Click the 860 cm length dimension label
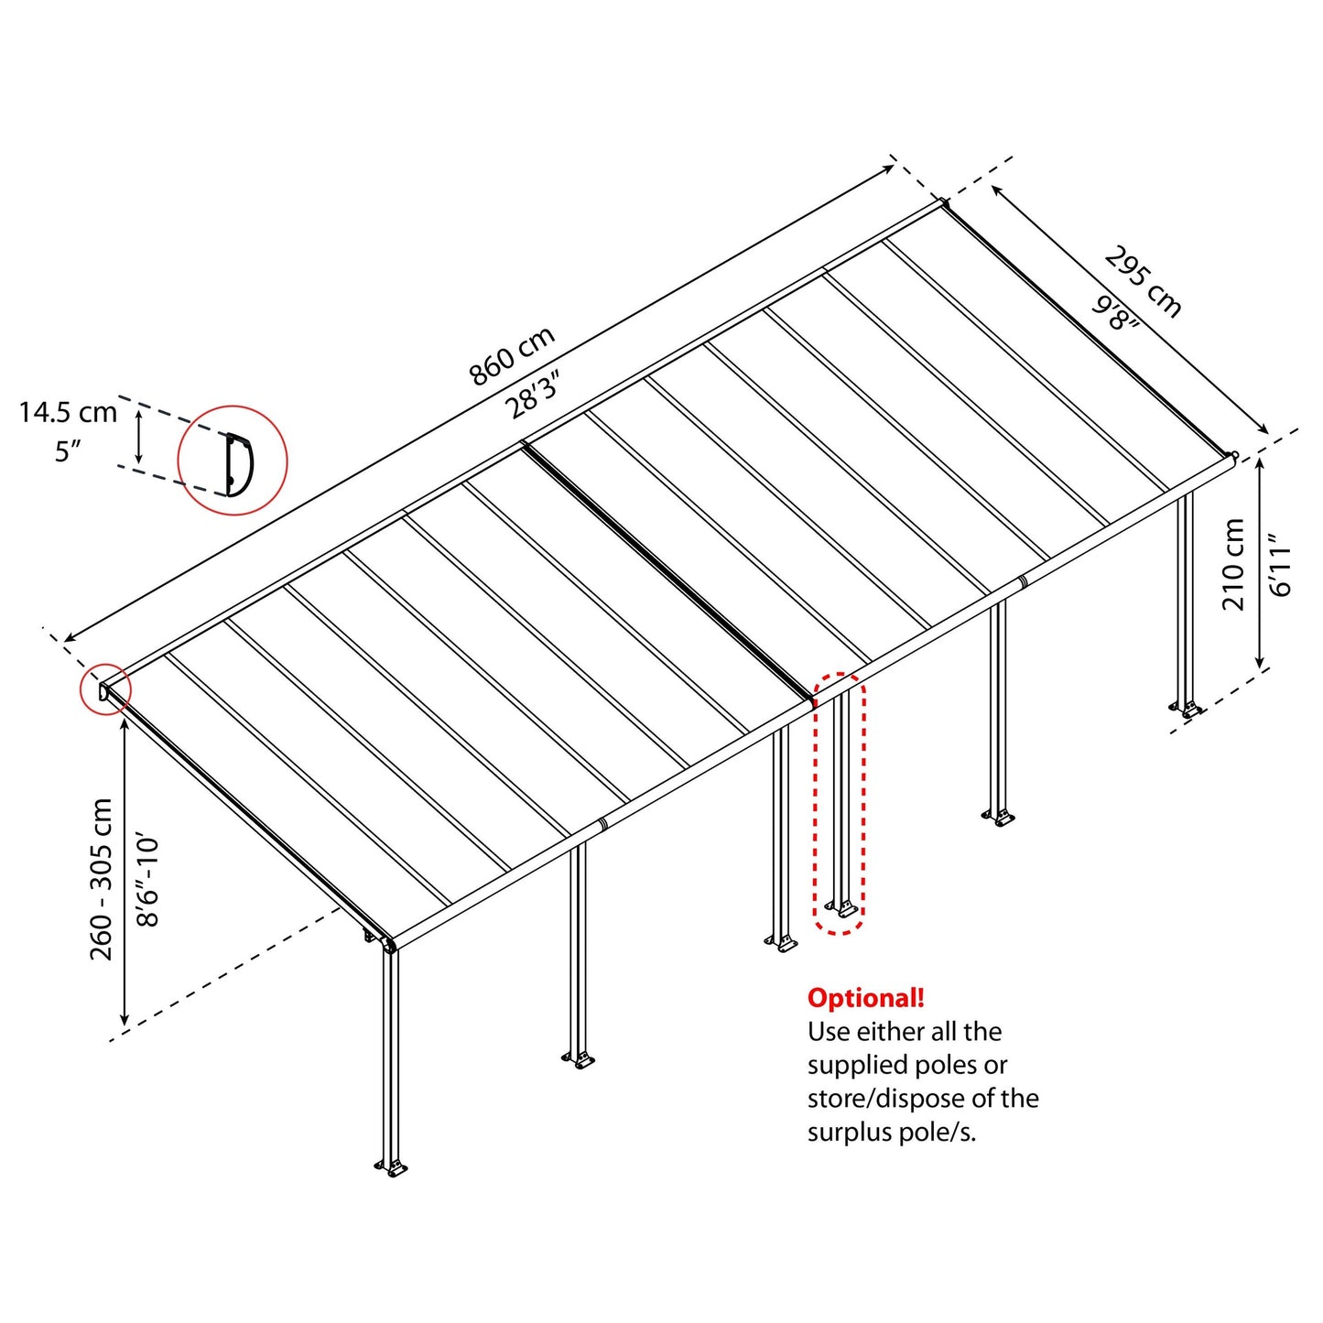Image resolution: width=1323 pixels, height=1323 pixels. click(512, 356)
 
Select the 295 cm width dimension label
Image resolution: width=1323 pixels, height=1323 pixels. click(1143, 281)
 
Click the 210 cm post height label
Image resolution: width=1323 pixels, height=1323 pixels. click(1233, 564)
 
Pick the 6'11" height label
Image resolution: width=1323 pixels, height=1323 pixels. click(1280, 564)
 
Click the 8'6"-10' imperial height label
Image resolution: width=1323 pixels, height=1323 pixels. click(147, 879)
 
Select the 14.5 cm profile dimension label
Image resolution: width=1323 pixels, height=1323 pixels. click(68, 413)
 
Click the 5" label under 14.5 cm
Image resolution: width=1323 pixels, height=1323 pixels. click(68, 451)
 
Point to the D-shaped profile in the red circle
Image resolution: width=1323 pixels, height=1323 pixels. click(238, 462)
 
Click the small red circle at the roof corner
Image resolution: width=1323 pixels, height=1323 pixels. click(105, 689)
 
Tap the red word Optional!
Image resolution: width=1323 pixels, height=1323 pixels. click(865, 998)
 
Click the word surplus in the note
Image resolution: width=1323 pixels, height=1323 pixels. click(848, 1133)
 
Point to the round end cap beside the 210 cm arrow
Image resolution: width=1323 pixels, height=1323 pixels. click(1234, 454)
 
